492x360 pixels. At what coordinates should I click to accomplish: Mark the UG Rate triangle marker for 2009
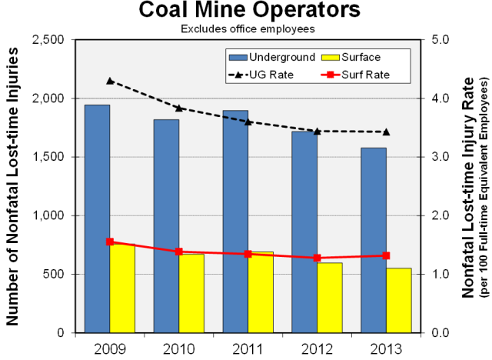(x=110, y=81)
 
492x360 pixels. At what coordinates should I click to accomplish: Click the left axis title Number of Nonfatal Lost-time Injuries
(x=13, y=185)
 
